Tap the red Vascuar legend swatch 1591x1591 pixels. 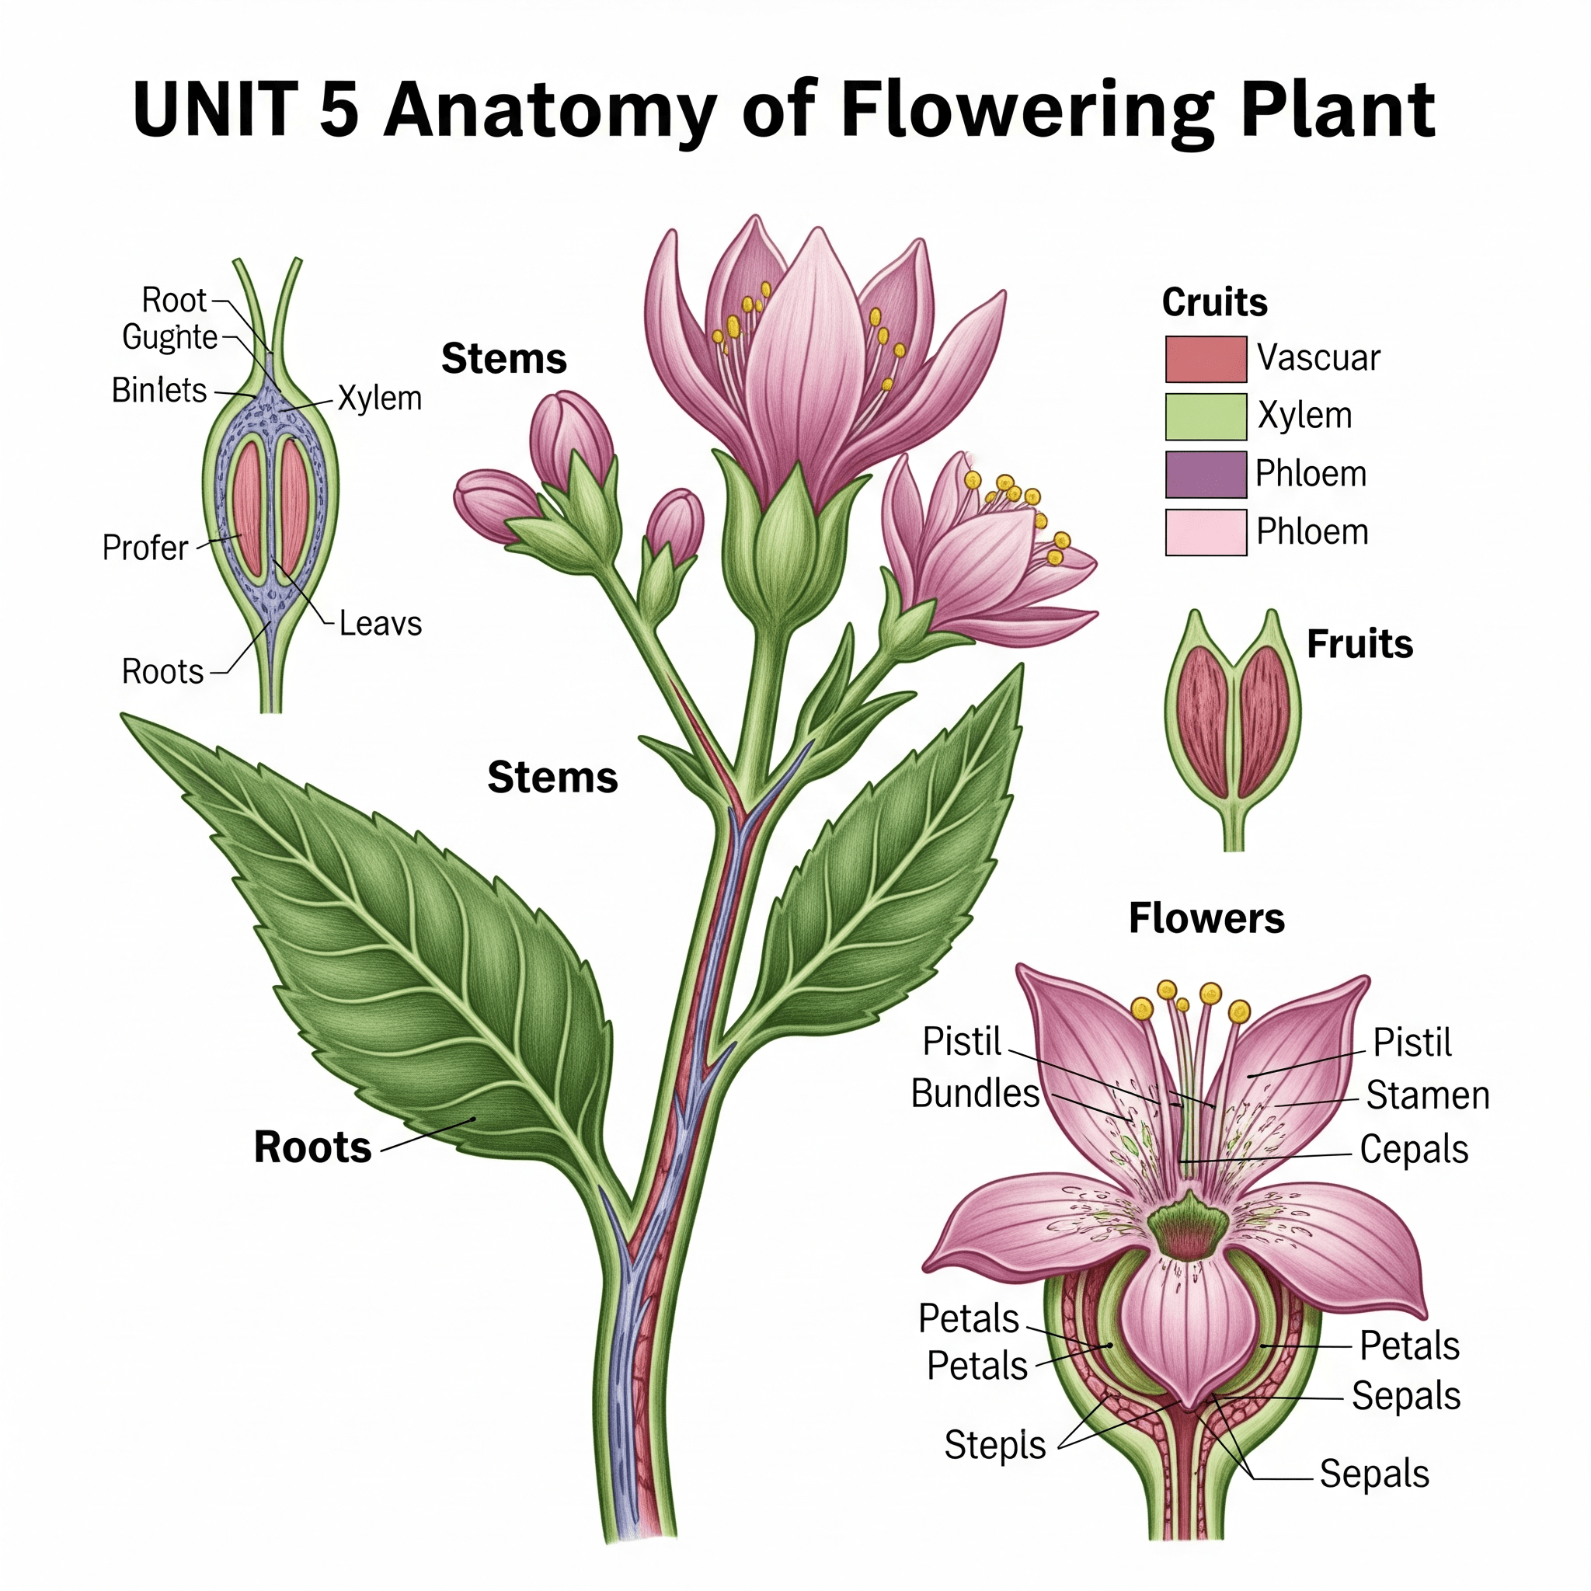click(1205, 359)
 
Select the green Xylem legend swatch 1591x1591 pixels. click(1205, 416)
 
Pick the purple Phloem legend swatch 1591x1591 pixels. click(1205, 475)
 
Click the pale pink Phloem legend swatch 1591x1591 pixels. click(1205, 532)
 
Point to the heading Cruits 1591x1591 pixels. click(1214, 302)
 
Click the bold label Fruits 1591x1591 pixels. click(1359, 644)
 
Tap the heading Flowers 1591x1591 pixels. click(1206, 918)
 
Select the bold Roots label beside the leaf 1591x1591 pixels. click(313, 1147)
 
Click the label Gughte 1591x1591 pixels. click(169, 338)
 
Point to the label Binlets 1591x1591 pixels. click(159, 390)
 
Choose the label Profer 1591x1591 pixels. click(145, 548)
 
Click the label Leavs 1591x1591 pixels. click(381, 625)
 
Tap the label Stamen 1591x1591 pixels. click(1427, 1096)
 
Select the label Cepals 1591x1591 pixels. click(1414, 1150)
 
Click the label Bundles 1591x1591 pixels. click(975, 1094)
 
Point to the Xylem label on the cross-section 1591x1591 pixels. click(380, 399)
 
